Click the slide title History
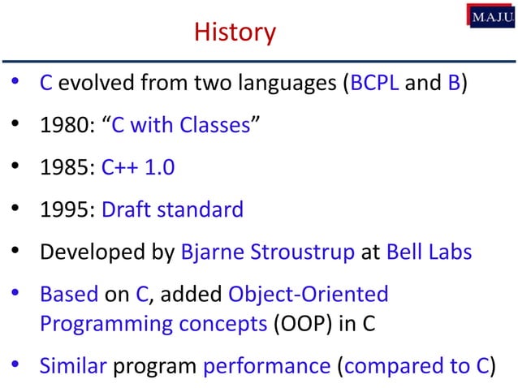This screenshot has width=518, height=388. (235, 32)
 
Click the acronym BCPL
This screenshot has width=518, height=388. (373, 84)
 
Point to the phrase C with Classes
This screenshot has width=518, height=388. (179, 126)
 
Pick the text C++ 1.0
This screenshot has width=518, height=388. (138, 168)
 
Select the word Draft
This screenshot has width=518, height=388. (125, 210)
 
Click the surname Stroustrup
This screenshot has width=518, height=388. (305, 252)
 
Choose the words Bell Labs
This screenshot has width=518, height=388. (429, 252)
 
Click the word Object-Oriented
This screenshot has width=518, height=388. (309, 295)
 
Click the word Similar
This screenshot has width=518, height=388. (73, 365)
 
